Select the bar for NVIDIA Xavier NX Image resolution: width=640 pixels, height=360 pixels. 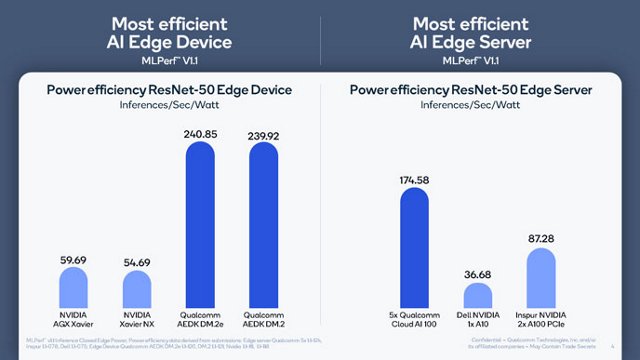tap(137, 294)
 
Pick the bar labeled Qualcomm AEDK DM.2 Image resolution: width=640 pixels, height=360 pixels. tap(265, 224)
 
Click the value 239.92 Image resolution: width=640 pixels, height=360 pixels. tap(265, 131)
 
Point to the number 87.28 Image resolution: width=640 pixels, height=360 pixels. tap(541, 238)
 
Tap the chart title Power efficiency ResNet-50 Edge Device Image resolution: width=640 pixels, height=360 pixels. tap(169, 90)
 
